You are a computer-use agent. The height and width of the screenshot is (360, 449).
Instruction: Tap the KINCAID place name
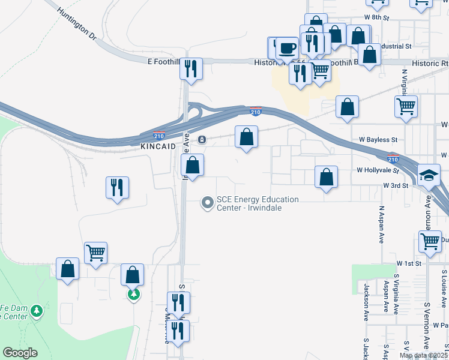[x=158, y=146]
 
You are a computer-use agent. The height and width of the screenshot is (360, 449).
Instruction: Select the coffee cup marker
[x=287, y=47]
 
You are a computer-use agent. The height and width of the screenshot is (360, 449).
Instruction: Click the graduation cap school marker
[x=429, y=175]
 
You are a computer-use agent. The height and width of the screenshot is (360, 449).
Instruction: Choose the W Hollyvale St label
[x=378, y=170]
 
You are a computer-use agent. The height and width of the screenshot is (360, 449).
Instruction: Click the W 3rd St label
[x=396, y=186]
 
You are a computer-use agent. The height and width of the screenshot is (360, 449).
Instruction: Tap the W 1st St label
[x=409, y=263]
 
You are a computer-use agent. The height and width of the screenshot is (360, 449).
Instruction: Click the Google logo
[x=20, y=353]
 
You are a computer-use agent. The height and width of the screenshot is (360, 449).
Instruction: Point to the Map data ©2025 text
[x=423, y=355]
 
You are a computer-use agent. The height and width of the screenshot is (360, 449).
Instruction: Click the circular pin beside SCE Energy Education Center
[x=208, y=203]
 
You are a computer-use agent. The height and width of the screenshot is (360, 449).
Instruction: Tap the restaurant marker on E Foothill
[x=191, y=68]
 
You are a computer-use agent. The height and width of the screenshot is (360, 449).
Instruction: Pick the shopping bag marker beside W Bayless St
[x=246, y=137]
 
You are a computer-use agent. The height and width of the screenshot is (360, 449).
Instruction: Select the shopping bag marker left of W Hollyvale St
[x=326, y=176]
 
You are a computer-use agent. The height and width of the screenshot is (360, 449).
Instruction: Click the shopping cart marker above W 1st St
[x=430, y=241]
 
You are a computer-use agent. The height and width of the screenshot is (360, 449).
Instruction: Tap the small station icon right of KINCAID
[x=202, y=140]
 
